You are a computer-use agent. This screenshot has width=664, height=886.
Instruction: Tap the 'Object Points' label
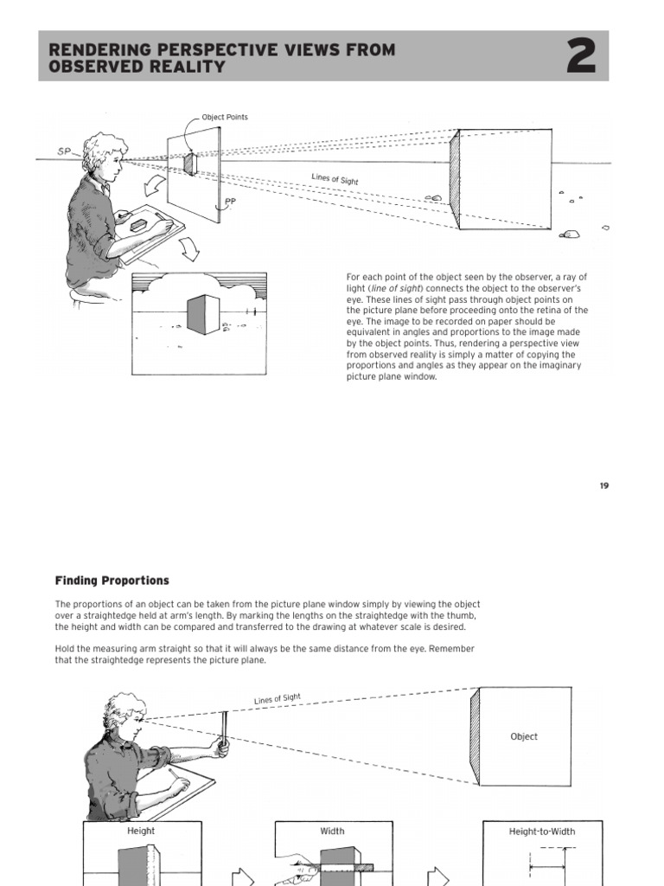225,118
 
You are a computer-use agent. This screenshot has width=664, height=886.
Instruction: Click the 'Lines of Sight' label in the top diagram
335,179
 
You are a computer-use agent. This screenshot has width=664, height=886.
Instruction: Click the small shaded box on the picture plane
190,163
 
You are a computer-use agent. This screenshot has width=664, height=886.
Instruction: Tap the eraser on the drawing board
140,223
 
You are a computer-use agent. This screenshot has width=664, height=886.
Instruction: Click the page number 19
603,485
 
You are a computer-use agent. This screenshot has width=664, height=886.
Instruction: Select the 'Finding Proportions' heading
112,581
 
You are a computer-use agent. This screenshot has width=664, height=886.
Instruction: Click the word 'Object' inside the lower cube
524,736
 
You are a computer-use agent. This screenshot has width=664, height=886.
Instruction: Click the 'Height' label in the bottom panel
142,831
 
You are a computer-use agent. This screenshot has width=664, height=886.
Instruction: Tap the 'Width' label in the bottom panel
332,831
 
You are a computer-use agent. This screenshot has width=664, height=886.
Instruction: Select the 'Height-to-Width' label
542,831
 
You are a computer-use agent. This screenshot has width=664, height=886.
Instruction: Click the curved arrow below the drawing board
189,249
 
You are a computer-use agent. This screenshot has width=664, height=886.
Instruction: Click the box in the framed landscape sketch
204,314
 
